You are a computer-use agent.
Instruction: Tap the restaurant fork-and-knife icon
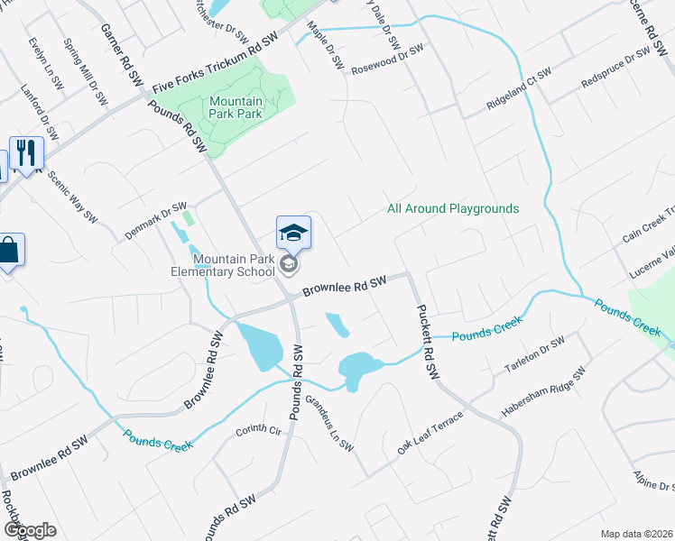coord(25,153)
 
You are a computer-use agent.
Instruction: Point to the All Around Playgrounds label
coord(453,208)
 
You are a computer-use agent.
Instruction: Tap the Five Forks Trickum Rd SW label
coord(216,65)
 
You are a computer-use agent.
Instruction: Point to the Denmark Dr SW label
coord(155,221)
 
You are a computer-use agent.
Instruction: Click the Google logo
coord(31,530)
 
